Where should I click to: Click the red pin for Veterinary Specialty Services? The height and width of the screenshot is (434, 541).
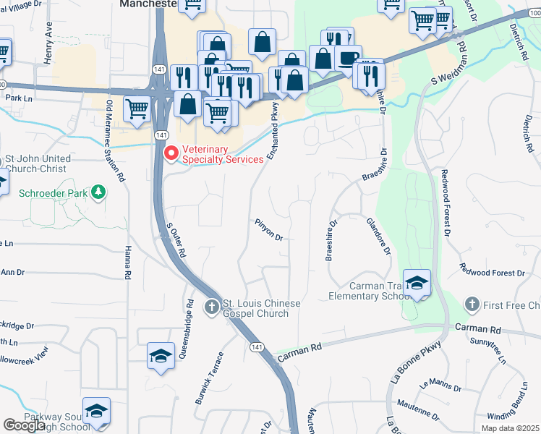(x=171, y=153)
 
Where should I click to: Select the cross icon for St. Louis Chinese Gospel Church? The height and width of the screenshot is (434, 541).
(x=211, y=307)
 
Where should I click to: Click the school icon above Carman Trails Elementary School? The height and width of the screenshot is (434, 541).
(x=417, y=283)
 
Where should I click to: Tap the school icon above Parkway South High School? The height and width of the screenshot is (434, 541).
(x=96, y=411)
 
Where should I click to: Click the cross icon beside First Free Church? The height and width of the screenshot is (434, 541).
(x=472, y=305)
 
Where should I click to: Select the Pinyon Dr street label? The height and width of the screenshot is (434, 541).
(x=268, y=230)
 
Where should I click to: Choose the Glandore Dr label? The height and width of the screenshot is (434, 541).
(x=379, y=237)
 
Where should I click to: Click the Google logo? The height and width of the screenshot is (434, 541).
(x=24, y=426)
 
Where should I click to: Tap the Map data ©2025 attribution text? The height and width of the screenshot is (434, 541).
(x=510, y=428)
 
